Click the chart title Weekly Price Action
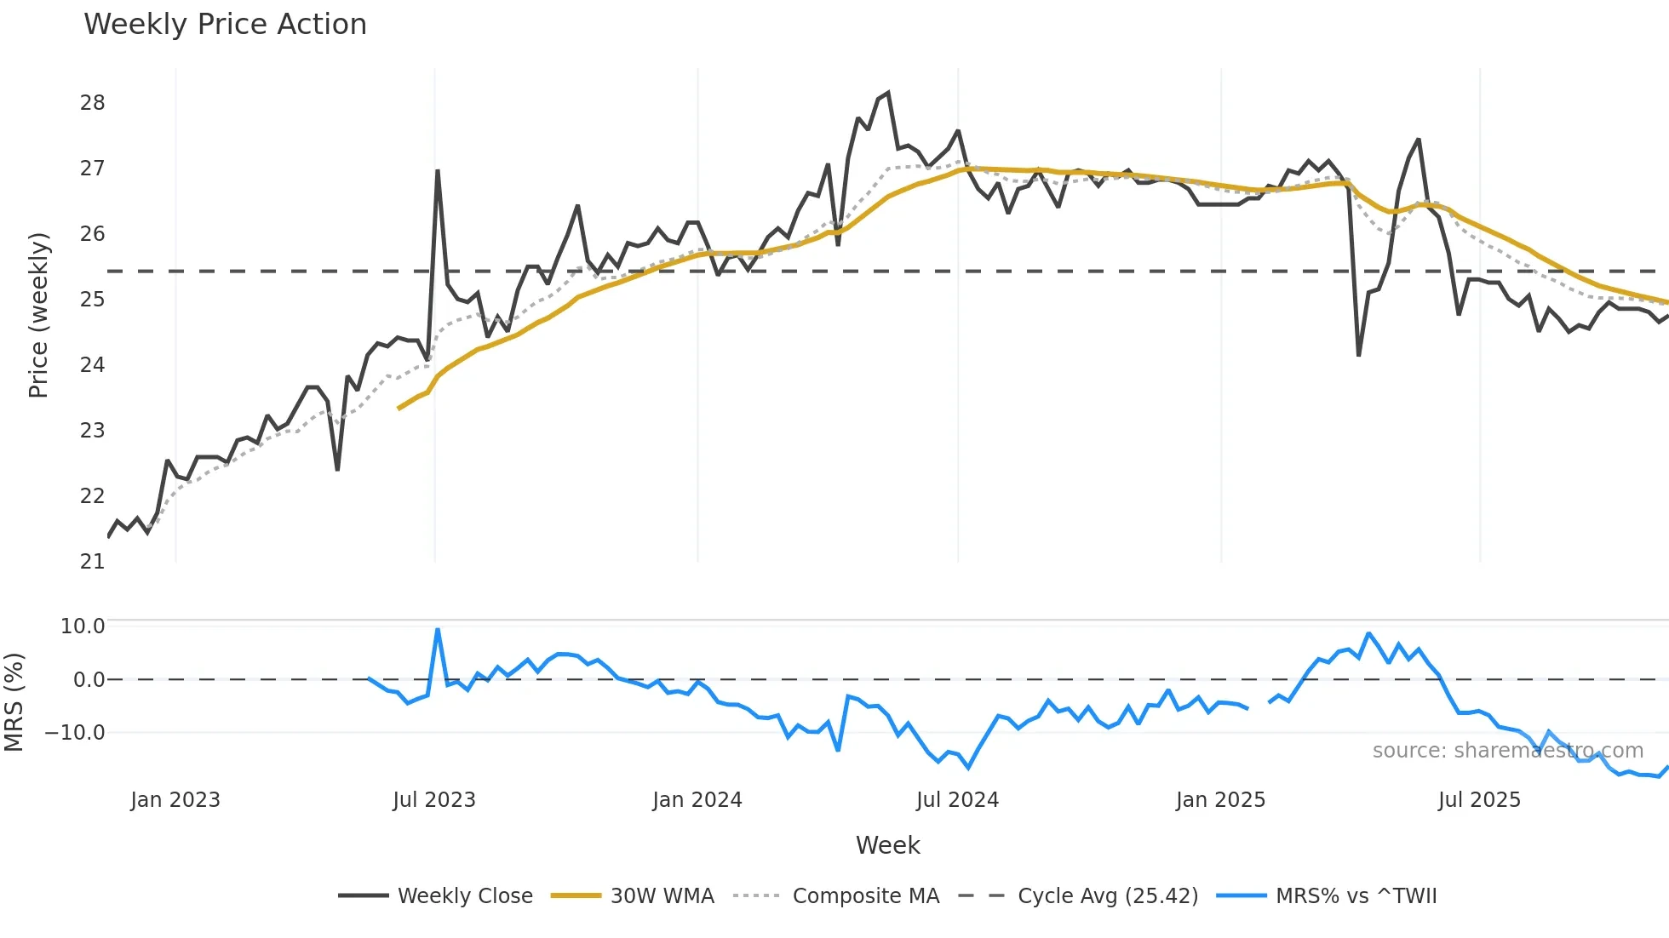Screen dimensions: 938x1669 click(225, 25)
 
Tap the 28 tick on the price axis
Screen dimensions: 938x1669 click(92, 103)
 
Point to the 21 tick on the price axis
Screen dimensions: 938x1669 click(92, 562)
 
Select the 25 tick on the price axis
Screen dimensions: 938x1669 click(92, 300)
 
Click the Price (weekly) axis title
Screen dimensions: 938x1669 click(38, 315)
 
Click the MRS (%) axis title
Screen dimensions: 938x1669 click(14, 702)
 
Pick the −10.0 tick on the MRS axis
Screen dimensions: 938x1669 click(75, 733)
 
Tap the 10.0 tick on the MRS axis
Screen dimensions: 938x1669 click(83, 626)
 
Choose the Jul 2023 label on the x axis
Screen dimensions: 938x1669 click(434, 800)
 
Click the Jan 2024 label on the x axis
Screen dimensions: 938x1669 click(697, 800)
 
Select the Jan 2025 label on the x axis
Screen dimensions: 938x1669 click(1220, 800)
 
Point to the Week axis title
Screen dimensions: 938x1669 click(887, 845)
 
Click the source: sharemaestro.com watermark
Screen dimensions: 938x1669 click(1507, 751)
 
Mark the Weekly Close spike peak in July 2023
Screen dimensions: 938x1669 click(438, 171)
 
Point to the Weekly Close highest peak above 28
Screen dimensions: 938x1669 click(888, 93)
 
